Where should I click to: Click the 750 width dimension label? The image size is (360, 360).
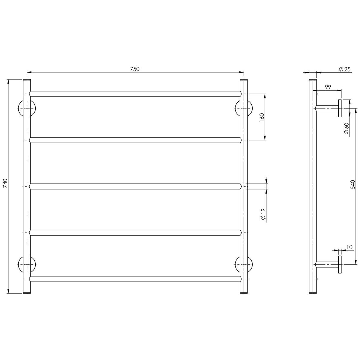click(135, 69)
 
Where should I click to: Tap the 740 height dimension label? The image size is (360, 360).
click(5, 183)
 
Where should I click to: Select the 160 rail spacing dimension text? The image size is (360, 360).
click(262, 118)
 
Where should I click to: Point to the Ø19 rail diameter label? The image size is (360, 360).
click(263, 214)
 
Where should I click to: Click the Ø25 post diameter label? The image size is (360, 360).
click(345, 69)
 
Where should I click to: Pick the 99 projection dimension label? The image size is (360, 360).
click(328, 87)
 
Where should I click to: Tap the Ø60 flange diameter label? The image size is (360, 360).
click(346, 128)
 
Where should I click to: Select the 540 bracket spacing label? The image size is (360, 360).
click(352, 184)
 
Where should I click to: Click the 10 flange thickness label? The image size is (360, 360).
click(349, 247)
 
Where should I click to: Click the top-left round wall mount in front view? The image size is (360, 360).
click(27, 108)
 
